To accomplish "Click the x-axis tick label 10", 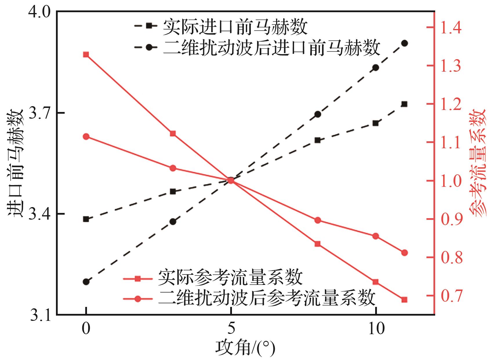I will click(376, 329).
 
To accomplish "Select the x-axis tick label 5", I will click(231, 329).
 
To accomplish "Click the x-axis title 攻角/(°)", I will click(245, 348).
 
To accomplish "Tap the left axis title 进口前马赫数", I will click(15, 163).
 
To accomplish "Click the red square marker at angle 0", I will click(86, 55).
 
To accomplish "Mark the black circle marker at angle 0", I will click(86, 282).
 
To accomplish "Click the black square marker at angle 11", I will click(404, 104).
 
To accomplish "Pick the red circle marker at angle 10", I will click(376, 236).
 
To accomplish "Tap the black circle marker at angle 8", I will click(318, 114).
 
